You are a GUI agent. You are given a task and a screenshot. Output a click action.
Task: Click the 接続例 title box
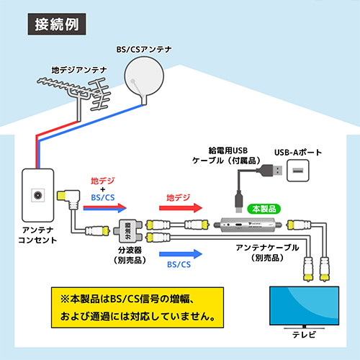click(57, 24)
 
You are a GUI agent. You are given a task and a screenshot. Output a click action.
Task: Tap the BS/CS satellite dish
click(144, 77)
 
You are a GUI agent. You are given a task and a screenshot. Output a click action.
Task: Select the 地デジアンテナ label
click(79, 70)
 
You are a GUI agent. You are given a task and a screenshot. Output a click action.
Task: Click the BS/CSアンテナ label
click(144, 50)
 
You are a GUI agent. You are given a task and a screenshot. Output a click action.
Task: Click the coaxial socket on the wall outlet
click(38, 195)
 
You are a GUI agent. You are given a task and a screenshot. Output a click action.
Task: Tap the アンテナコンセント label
click(37, 235)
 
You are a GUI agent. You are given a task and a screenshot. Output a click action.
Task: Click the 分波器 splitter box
click(128, 231)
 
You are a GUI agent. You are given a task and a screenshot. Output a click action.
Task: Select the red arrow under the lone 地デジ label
click(181, 208)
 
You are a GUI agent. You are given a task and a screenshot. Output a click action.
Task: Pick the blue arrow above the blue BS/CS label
click(181, 254)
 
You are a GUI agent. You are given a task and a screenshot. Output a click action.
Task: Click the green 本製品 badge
click(264, 209)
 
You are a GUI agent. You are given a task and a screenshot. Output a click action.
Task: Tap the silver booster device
click(248, 225)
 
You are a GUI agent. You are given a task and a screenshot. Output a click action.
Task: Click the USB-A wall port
click(298, 171)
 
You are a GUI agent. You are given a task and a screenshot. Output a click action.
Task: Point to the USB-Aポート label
click(298, 153)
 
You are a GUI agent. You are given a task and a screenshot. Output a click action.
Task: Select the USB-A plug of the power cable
click(271, 171)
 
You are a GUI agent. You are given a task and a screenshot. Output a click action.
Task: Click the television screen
click(304, 306)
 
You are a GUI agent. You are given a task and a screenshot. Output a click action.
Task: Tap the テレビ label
click(304, 335)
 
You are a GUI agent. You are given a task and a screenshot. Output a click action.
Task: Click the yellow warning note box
click(138, 307)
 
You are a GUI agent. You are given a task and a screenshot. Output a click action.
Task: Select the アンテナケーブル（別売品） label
click(267, 253)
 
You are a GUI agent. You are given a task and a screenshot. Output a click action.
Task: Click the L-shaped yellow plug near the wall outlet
click(68, 197)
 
